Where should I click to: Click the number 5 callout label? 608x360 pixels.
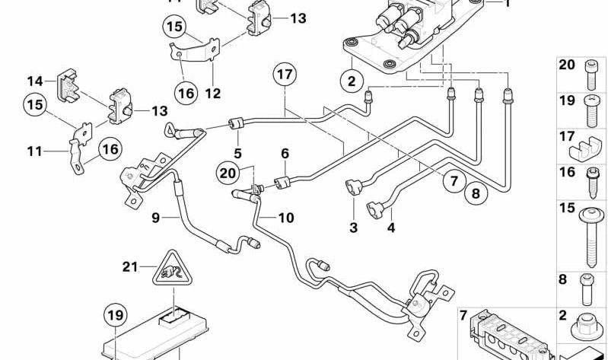[x=237, y=153]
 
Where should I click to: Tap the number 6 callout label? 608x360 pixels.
[x=285, y=153]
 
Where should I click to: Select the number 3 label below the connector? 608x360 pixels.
[x=353, y=227]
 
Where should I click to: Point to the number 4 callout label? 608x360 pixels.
[x=390, y=227]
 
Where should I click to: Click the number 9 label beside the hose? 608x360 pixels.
[x=154, y=218]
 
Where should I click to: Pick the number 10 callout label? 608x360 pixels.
[x=285, y=218]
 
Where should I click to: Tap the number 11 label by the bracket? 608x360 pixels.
[x=34, y=151]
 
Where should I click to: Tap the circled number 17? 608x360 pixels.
[x=285, y=75]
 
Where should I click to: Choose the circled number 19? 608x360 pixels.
[x=114, y=314]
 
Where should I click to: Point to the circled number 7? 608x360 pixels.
[x=452, y=180]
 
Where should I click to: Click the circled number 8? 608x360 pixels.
[x=476, y=193]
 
